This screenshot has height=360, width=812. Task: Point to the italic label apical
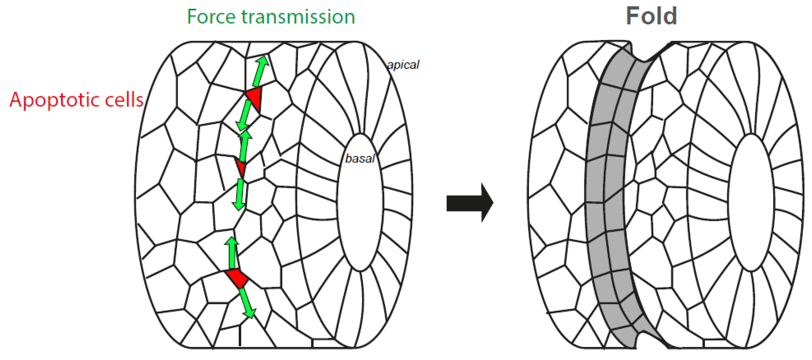tap(403, 65)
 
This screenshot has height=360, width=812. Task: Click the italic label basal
tap(360, 158)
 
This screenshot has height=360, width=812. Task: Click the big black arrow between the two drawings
tap(470, 203)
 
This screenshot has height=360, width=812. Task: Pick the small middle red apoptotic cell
tap(241, 167)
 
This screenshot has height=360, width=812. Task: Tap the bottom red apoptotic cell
tap(237, 278)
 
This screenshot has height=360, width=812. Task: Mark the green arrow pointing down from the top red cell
tap(245, 115)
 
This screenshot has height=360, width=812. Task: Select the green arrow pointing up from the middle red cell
tap(244, 146)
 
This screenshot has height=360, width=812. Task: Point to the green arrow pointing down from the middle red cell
tap(240, 194)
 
